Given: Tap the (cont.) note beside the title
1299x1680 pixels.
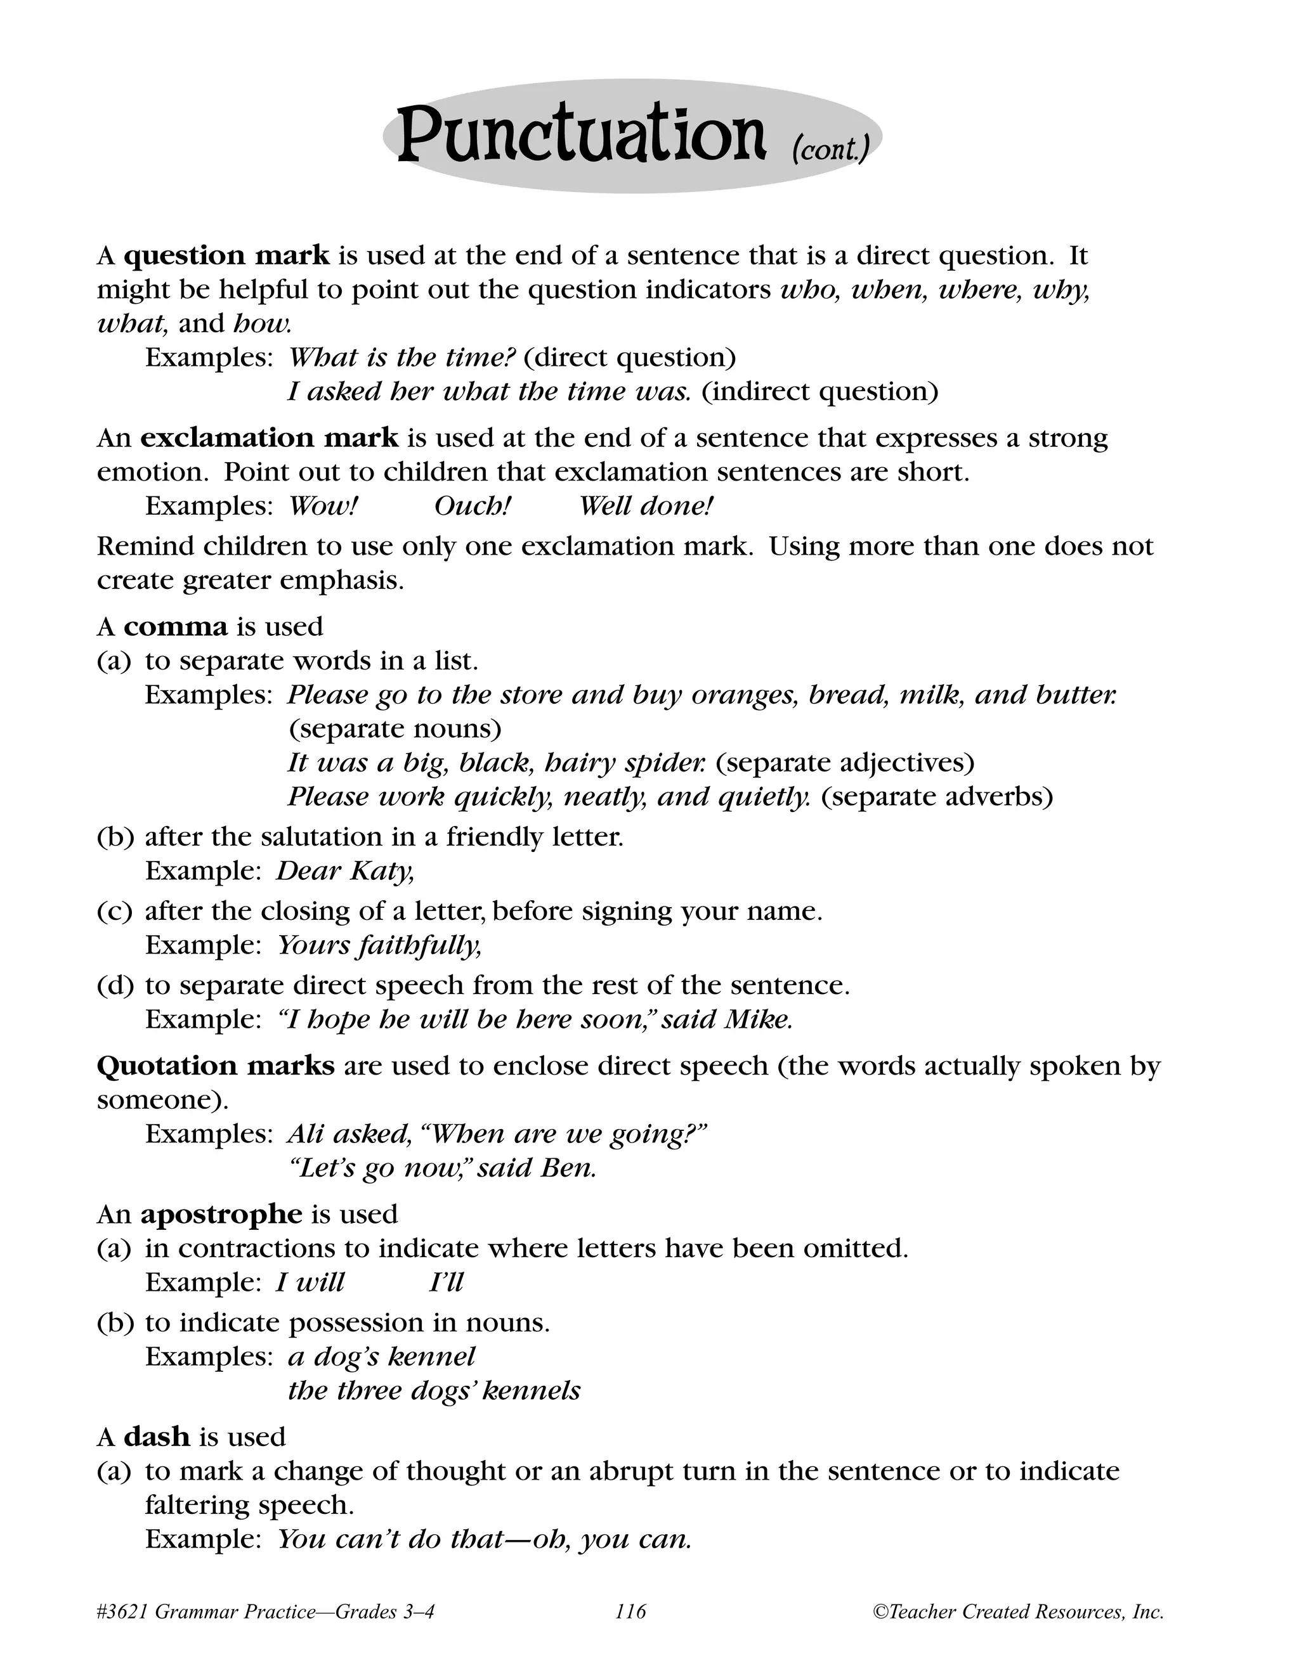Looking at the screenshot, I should (x=830, y=148).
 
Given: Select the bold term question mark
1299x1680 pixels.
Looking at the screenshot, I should (x=227, y=255).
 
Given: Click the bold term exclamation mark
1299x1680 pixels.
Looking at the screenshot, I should (x=270, y=437).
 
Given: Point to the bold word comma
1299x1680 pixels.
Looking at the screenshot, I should (x=176, y=626).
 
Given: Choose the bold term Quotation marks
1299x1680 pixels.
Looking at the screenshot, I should (x=216, y=1066).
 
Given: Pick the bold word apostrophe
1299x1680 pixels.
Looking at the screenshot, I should (x=221, y=1214).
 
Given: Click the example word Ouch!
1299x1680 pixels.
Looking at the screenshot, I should (x=473, y=505).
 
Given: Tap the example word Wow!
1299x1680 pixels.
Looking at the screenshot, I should (x=323, y=505).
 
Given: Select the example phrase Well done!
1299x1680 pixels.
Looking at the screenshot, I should (x=646, y=505).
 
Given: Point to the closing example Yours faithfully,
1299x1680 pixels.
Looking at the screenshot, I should (x=379, y=945).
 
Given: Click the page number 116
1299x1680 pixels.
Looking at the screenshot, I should (x=630, y=1611).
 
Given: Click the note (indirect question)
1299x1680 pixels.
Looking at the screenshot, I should (x=819, y=392).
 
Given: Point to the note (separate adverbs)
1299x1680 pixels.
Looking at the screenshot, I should (x=937, y=796).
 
